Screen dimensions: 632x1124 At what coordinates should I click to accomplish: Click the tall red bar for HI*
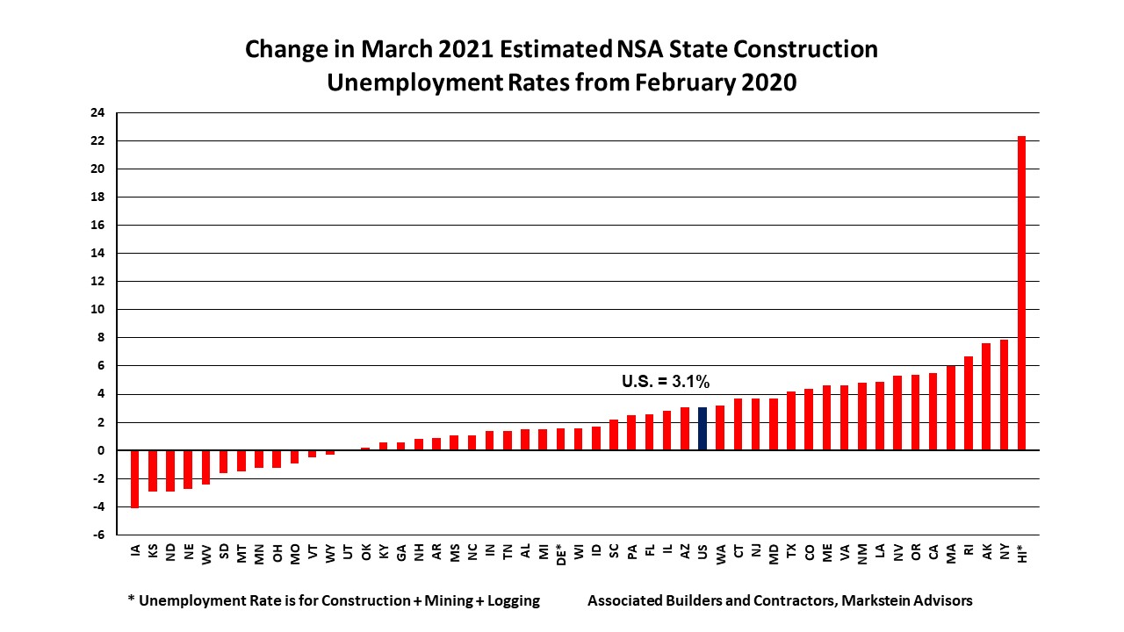click(1021, 293)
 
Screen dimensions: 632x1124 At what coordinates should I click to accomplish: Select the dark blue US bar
click(702, 428)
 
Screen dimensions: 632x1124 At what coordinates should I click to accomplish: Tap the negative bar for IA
click(135, 478)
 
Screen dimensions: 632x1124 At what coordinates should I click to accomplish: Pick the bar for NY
click(1004, 395)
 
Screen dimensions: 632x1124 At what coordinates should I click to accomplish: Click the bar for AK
click(986, 397)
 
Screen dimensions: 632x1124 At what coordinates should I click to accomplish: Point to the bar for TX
click(791, 420)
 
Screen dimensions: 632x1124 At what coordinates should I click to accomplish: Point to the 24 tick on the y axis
click(97, 112)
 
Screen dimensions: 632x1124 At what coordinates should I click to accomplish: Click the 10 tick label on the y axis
click(97, 309)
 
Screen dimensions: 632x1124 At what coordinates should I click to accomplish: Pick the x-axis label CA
click(933, 552)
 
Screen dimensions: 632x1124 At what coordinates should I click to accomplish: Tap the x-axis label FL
click(649, 552)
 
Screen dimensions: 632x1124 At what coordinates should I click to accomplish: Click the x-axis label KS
click(153, 552)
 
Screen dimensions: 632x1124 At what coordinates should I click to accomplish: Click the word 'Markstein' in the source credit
click(861, 601)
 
